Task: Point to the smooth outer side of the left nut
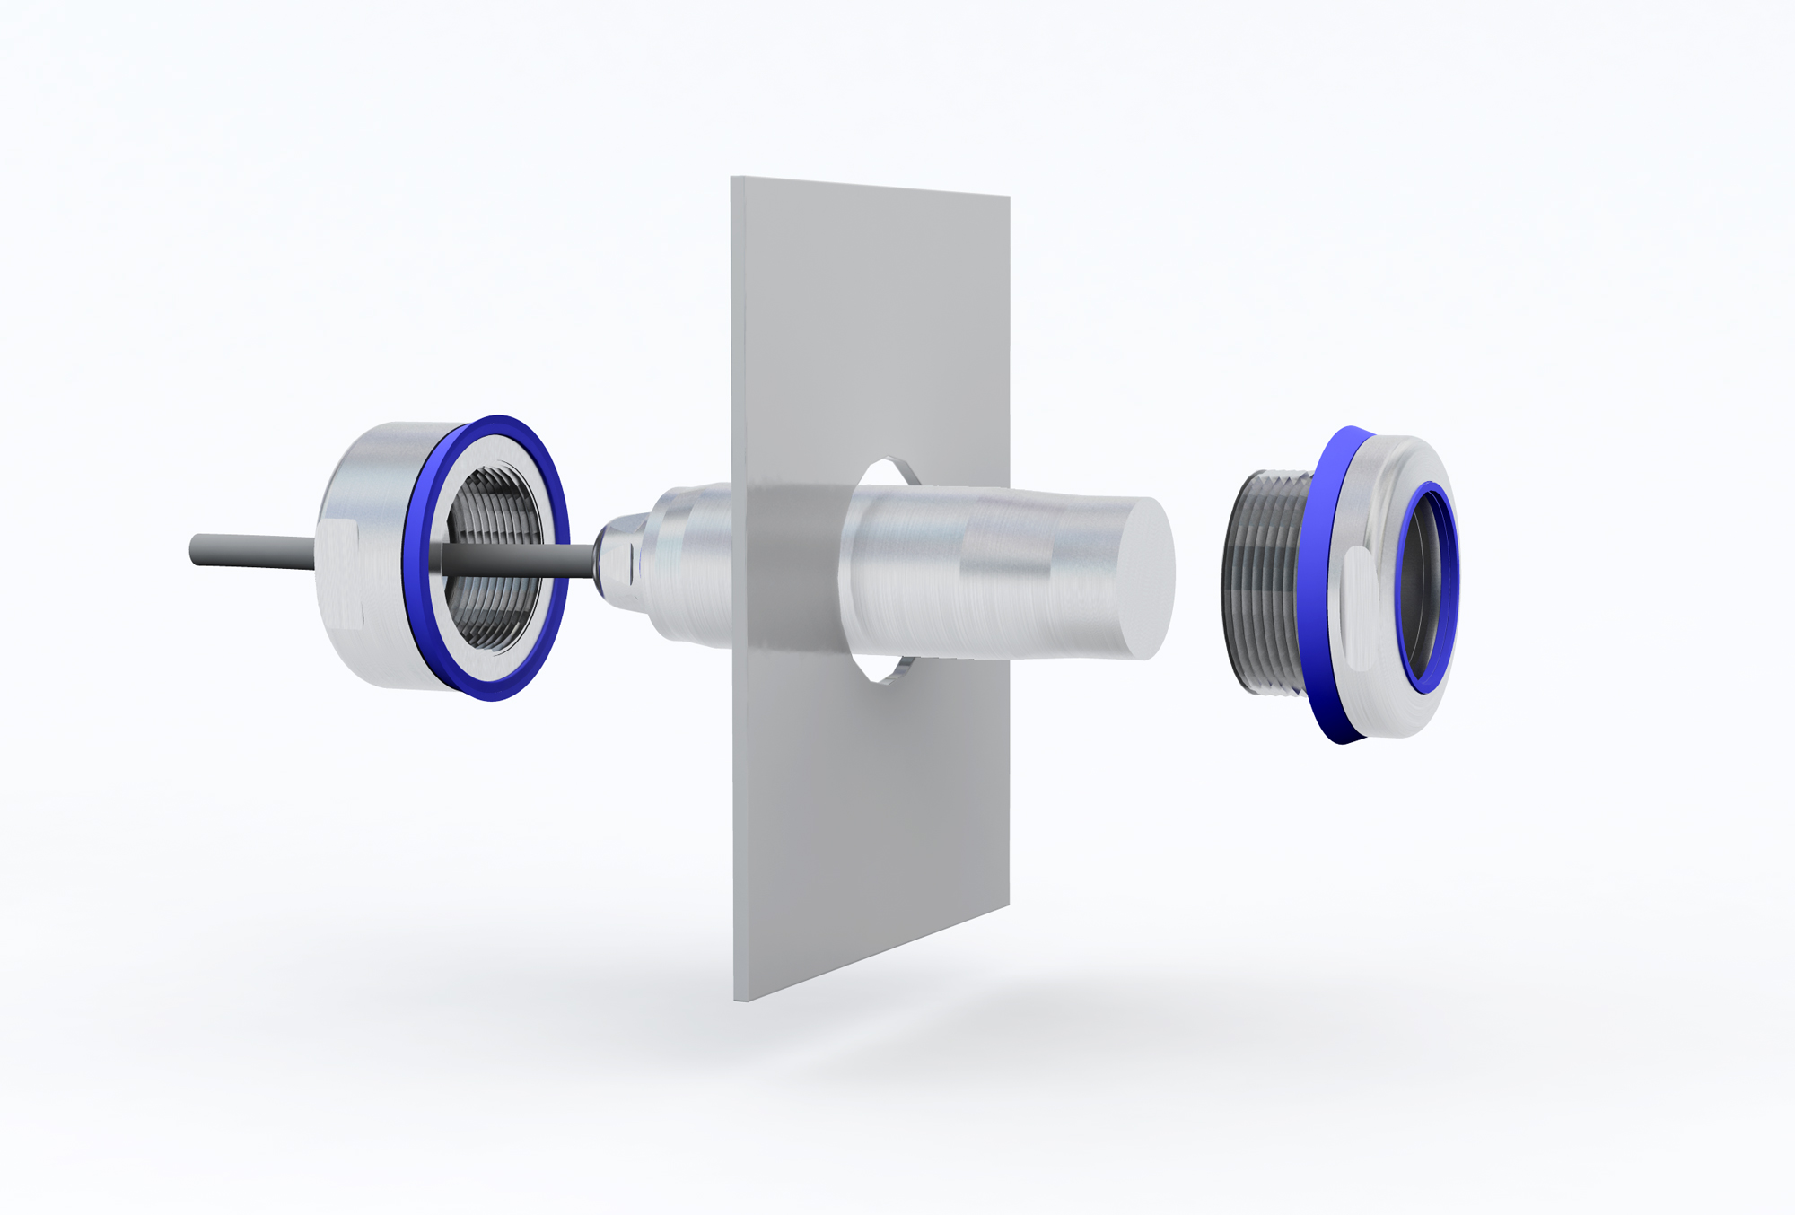point(377,467)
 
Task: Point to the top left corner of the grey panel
point(732,179)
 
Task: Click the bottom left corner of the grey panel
point(736,1000)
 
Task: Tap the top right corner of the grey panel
point(1009,197)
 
